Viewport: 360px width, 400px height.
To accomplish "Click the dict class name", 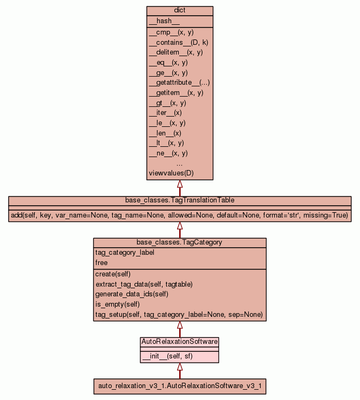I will pyautogui.click(x=180, y=11).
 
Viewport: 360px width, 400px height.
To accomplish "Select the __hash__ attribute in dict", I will pyautogui.click(x=160, y=21).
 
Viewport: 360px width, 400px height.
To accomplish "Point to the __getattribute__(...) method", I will pyautogui.click(x=179, y=83).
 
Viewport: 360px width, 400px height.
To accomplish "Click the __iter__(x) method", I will pyautogui.click(x=165, y=113).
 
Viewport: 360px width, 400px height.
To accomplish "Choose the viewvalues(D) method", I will pyautogui.click(x=171, y=173).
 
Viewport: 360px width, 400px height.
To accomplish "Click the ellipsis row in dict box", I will pyautogui.click(x=180, y=163).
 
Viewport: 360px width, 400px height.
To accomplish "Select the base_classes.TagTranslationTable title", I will pyautogui.click(x=180, y=200).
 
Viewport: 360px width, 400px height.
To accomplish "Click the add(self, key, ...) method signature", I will pyautogui.click(x=180, y=215).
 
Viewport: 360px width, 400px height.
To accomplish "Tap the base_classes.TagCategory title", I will pyautogui.click(x=180, y=242).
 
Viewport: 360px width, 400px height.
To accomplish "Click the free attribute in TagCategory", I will pyautogui.click(x=101, y=263).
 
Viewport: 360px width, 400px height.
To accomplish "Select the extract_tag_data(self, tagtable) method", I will pyautogui.click(x=144, y=284).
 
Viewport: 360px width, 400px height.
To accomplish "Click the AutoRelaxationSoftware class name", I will pyautogui.click(x=180, y=342).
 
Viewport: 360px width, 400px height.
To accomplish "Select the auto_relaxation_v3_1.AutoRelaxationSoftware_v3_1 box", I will pyautogui.click(x=180, y=386).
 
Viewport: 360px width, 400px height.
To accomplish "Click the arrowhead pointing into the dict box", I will pyautogui.click(x=180, y=184).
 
